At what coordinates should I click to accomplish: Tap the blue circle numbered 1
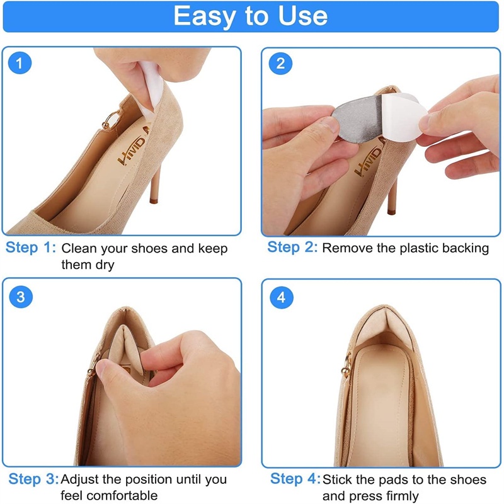tap(20, 62)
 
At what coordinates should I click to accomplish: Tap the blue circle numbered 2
tap(280, 64)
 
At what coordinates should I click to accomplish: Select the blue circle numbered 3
tap(21, 296)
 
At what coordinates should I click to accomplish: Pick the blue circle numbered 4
tap(281, 297)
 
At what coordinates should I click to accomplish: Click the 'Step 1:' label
tap(31, 248)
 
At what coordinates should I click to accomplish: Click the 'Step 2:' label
tap(292, 247)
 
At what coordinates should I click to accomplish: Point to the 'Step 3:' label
tap(34, 479)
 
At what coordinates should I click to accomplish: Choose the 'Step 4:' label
tap(295, 478)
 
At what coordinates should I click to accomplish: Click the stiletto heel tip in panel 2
tap(391, 211)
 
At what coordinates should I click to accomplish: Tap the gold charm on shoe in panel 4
tap(346, 367)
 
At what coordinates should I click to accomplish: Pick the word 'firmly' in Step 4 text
tap(403, 496)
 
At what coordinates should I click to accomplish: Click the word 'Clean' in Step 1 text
tap(79, 248)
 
